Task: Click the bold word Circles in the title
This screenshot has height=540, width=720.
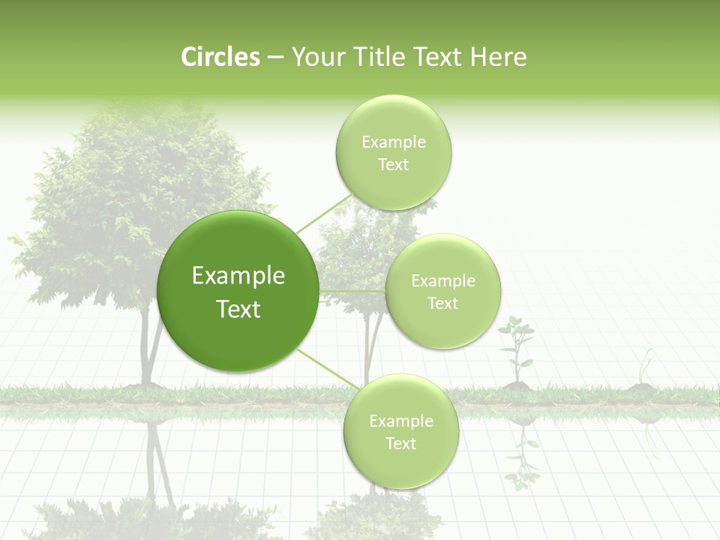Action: point(220,57)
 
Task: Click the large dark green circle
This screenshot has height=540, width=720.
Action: point(238,291)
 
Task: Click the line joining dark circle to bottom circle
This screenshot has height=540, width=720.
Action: point(326,369)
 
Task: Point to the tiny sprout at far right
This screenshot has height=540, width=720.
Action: point(643,371)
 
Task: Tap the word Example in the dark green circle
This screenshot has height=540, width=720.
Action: point(238,276)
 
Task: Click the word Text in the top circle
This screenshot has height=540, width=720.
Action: point(393,165)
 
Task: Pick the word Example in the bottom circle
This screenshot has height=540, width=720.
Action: point(400,421)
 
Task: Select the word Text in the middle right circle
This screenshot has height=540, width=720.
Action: point(442,304)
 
